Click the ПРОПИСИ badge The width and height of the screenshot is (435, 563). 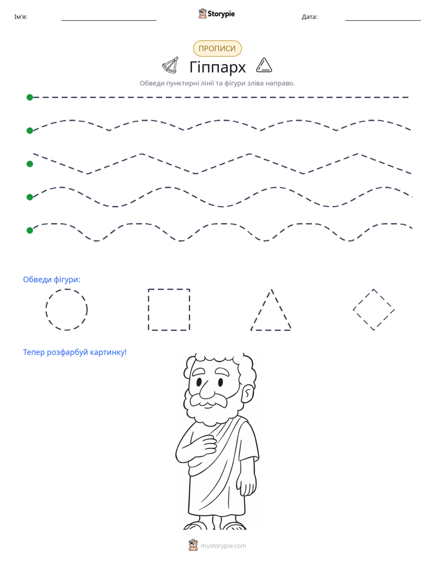(x=217, y=49)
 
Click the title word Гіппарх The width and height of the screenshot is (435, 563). (x=217, y=67)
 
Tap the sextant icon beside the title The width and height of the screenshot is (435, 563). (x=171, y=65)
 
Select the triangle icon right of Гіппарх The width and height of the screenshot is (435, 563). (x=264, y=65)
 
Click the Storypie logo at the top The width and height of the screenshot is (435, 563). (x=216, y=13)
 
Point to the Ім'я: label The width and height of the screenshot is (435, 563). (x=21, y=17)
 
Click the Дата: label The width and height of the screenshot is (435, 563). (x=309, y=17)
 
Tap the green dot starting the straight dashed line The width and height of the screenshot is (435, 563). (x=30, y=97)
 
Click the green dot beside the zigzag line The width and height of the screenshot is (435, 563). (x=30, y=164)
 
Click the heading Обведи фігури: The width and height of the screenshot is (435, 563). (x=52, y=279)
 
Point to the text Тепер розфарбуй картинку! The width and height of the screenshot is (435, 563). (x=75, y=352)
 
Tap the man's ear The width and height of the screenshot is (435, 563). (x=247, y=394)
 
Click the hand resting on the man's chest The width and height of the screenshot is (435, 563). (x=205, y=444)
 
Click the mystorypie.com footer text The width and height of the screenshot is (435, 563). (x=223, y=546)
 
